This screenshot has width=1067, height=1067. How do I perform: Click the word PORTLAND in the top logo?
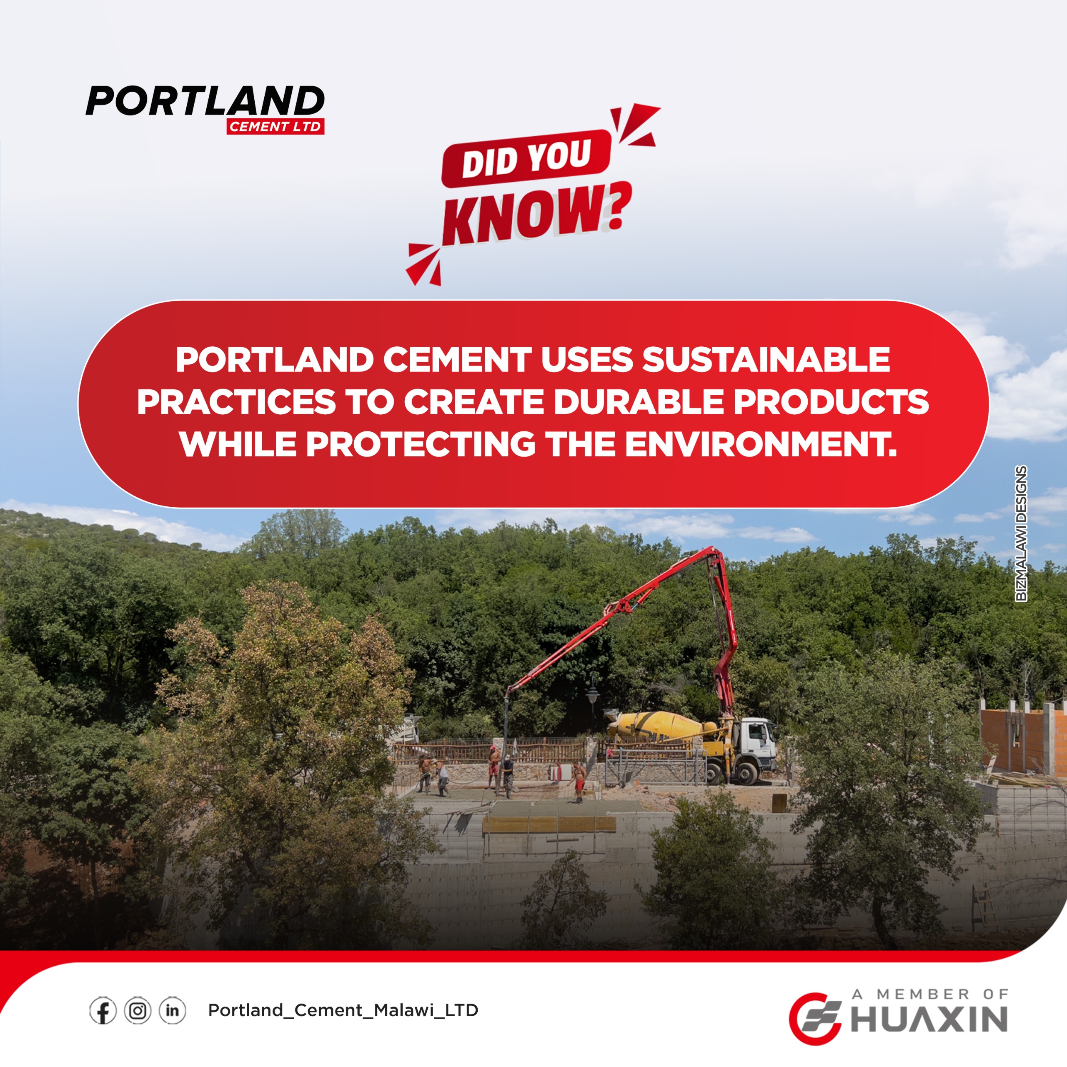(205, 100)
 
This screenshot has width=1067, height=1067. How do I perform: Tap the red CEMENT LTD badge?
(275, 126)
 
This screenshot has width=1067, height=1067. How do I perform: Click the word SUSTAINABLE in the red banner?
(766, 360)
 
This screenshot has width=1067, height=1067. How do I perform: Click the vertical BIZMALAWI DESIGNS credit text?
(1021, 533)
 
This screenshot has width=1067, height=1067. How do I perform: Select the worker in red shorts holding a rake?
(578, 781)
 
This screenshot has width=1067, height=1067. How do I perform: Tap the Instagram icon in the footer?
(138, 1011)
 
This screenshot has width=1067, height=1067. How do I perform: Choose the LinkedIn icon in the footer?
(172, 1011)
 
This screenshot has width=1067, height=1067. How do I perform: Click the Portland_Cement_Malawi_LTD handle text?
(343, 1010)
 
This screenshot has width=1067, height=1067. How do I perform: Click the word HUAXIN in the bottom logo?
(929, 1019)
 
